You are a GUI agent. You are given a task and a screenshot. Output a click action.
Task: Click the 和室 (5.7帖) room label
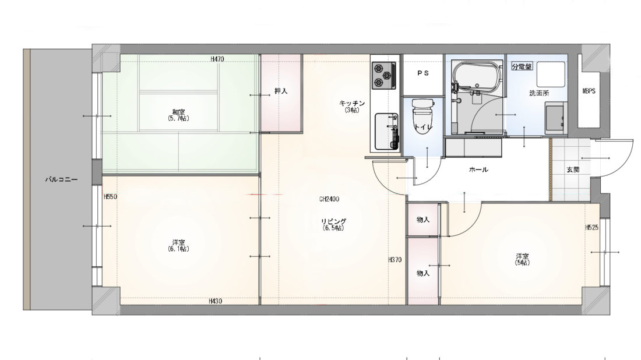[179, 115]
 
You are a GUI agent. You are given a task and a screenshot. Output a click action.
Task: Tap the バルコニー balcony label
[61, 179]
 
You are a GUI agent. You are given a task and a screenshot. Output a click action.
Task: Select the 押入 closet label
[281, 91]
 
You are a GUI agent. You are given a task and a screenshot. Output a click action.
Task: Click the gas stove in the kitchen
[384, 75]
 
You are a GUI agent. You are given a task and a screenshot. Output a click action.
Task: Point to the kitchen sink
[387, 131]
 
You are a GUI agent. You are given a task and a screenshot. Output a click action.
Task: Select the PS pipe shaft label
[423, 73]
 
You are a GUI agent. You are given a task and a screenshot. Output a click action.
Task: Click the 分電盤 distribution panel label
[522, 66]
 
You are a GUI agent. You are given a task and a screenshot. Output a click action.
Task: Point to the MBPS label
[589, 91]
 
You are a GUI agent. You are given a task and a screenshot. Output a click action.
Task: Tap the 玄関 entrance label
[573, 170]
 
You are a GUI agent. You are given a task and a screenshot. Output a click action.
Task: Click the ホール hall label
[478, 170]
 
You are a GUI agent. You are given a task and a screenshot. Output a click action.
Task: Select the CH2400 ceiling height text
[329, 199]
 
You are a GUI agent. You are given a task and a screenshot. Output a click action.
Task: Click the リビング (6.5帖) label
[333, 224]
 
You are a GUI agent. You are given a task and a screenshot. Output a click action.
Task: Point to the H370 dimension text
[395, 259]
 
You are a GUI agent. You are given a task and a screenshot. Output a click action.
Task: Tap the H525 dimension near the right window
[591, 227]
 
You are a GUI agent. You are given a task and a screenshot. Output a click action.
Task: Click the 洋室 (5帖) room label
[522, 259]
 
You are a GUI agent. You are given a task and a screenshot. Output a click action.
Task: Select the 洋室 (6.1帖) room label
[179, 246]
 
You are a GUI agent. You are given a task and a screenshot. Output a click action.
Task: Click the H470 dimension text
[217, 59]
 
